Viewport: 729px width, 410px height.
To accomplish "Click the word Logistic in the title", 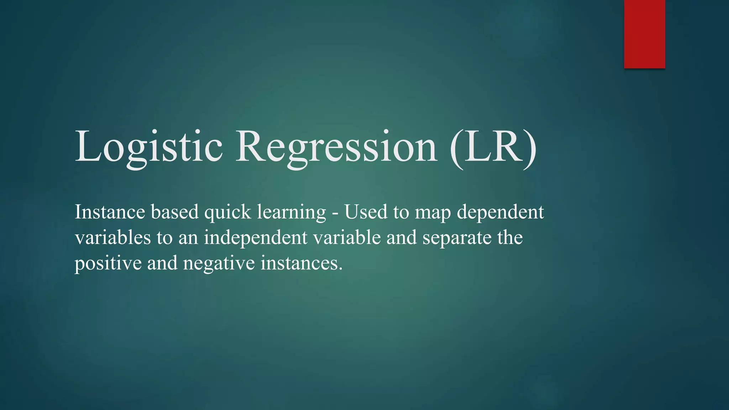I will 149,147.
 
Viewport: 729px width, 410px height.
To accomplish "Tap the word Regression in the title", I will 336,147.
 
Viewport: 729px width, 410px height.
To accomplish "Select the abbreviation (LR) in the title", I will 493,147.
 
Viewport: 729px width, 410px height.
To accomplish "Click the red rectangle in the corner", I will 644,34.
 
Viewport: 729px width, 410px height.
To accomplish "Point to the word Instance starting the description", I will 110,212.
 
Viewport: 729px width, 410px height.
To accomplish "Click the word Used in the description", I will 366,212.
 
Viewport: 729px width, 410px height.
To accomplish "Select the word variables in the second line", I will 113,237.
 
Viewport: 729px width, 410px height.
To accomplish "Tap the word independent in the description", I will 256,238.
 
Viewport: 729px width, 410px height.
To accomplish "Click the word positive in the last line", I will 108,264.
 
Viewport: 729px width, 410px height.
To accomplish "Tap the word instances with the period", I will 301,263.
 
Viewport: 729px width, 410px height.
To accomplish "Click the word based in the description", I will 174,212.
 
